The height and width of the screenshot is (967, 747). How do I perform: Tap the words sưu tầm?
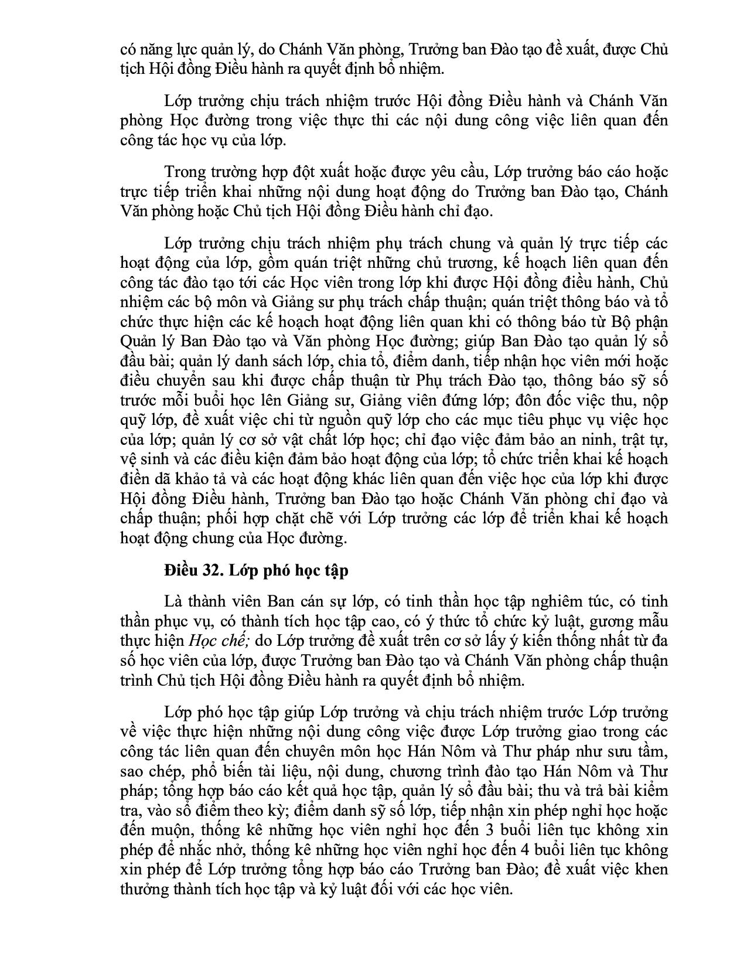(639, 752)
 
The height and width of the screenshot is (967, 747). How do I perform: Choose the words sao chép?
(145, 771)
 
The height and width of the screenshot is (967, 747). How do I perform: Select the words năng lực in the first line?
(162, 49)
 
